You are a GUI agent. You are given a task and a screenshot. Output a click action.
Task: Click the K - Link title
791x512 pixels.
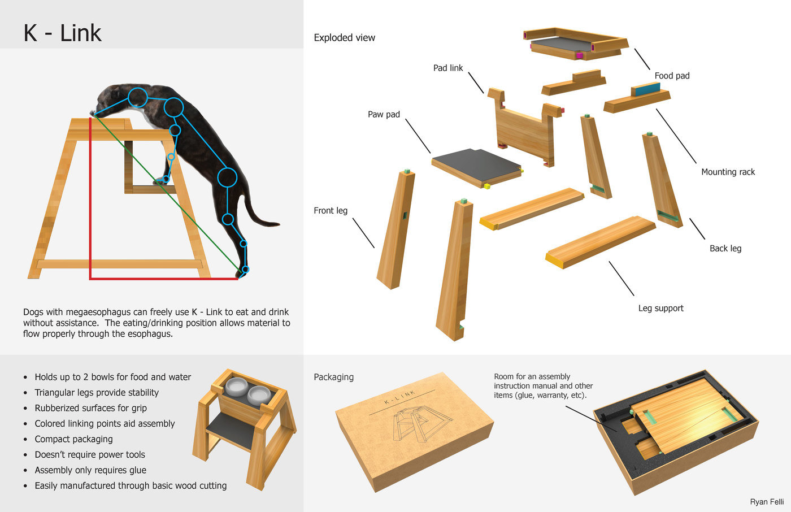pos(62,33)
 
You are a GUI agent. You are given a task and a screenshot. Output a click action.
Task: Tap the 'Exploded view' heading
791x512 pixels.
pos(344,38)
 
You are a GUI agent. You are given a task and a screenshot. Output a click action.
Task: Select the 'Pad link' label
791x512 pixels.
pos(447,68)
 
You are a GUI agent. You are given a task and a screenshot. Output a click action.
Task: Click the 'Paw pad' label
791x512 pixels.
pos(384,114)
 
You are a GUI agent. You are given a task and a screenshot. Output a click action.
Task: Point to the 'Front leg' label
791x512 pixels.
pos(331,210)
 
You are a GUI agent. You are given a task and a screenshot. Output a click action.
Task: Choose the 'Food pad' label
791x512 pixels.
pos(672,76)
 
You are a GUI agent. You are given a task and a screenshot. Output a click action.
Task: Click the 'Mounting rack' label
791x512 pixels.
pos(728,172)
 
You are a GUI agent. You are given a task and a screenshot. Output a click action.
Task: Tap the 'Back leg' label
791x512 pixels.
pos(725,248)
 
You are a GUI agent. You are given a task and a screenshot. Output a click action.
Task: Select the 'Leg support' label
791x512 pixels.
pos(660,308)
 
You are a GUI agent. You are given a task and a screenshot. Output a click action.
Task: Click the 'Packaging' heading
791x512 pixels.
pos(333,377)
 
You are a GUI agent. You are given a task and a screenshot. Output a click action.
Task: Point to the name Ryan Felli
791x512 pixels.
pos(767,502)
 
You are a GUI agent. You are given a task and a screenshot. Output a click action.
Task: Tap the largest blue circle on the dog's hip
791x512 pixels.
pos(227,177)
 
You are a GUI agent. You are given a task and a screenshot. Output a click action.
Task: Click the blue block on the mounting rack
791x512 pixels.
pos(645,89)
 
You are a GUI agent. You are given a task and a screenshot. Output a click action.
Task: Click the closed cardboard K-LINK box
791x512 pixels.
pos(414,429)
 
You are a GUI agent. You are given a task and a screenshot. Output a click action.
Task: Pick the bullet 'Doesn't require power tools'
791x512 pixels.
pos(90,454)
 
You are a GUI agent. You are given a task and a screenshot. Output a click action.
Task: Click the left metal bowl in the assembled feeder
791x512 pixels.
pos(236,388)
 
